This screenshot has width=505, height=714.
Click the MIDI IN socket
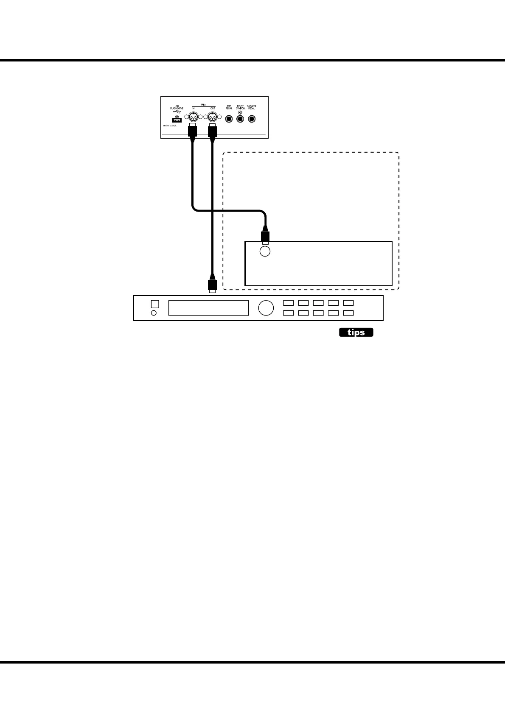pyautogui.click(x=193, y=118)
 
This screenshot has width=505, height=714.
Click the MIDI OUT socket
pyautogui.click(x=212, y=118)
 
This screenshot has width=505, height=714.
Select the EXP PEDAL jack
pyautogui.click(x=229, y=119)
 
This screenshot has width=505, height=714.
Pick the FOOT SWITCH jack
pyautogui.click(x=240, y=119)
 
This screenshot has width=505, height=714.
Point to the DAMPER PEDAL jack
pyautogui.click(x=252, y=119)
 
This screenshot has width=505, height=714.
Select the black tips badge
pyautogui.click(x=356, y=332)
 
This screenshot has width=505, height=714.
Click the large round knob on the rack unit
pyautogui.click(x=266, y=308)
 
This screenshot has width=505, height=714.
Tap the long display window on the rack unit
pyautogui.click(x=208, y=308)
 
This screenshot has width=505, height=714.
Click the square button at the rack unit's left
pyautogui.click(x=155, y=304)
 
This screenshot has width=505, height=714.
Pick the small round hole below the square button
pyautogui.click(x=154, y=313)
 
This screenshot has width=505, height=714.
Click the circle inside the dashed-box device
pyautogui.click(x=265, y=251)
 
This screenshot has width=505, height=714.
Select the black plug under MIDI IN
pyautogui.click(x=192, y=129)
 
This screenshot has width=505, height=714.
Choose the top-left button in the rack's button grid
pyautogui.click(x=289, y=303)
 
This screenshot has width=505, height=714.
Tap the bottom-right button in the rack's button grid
pyautogui.click(x=348, y=313)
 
